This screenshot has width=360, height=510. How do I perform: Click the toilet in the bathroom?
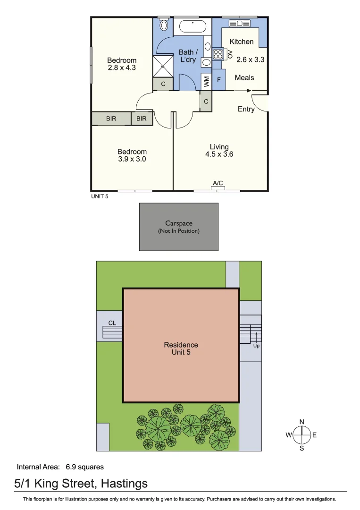pyautogui.click(x=164, y=25)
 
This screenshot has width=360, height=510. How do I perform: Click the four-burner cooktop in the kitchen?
pyautogui.click(x=218, y=54)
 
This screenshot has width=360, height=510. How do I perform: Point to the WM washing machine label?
pyautogui.click(x=206, y=81)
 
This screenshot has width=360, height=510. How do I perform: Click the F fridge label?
pyautogui.click(x=218, y=80)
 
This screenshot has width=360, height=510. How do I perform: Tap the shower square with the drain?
pyautogui.click(x=163, y=66)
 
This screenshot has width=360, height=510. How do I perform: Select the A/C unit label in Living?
pyautogui.click(x=218, y=183)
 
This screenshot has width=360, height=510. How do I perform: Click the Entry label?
pyautogui.click(x=246, y=109)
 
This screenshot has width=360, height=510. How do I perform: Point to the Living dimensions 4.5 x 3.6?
pyautogui.click(x=219, y=154)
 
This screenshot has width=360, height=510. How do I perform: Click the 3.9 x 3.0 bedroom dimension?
pyautogui.click(x=132, y=159)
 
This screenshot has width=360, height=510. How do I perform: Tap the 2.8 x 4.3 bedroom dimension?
pyautogui.click(x=122, y=68)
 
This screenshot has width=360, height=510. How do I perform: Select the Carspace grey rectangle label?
pyautogui.click(x=179, y=224)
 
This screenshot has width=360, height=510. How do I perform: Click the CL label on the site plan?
pyautogui.click(x=112, y=323)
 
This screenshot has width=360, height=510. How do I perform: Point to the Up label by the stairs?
pyautogui.click(x=256, y=345)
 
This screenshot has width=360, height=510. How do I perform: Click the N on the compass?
pyautogui.click(x=301, y=422)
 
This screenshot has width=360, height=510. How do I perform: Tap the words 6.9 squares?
pyautogui.click(x=85, y=467)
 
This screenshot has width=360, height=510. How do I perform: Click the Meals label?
pyautogui.click(x=244, y=77)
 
